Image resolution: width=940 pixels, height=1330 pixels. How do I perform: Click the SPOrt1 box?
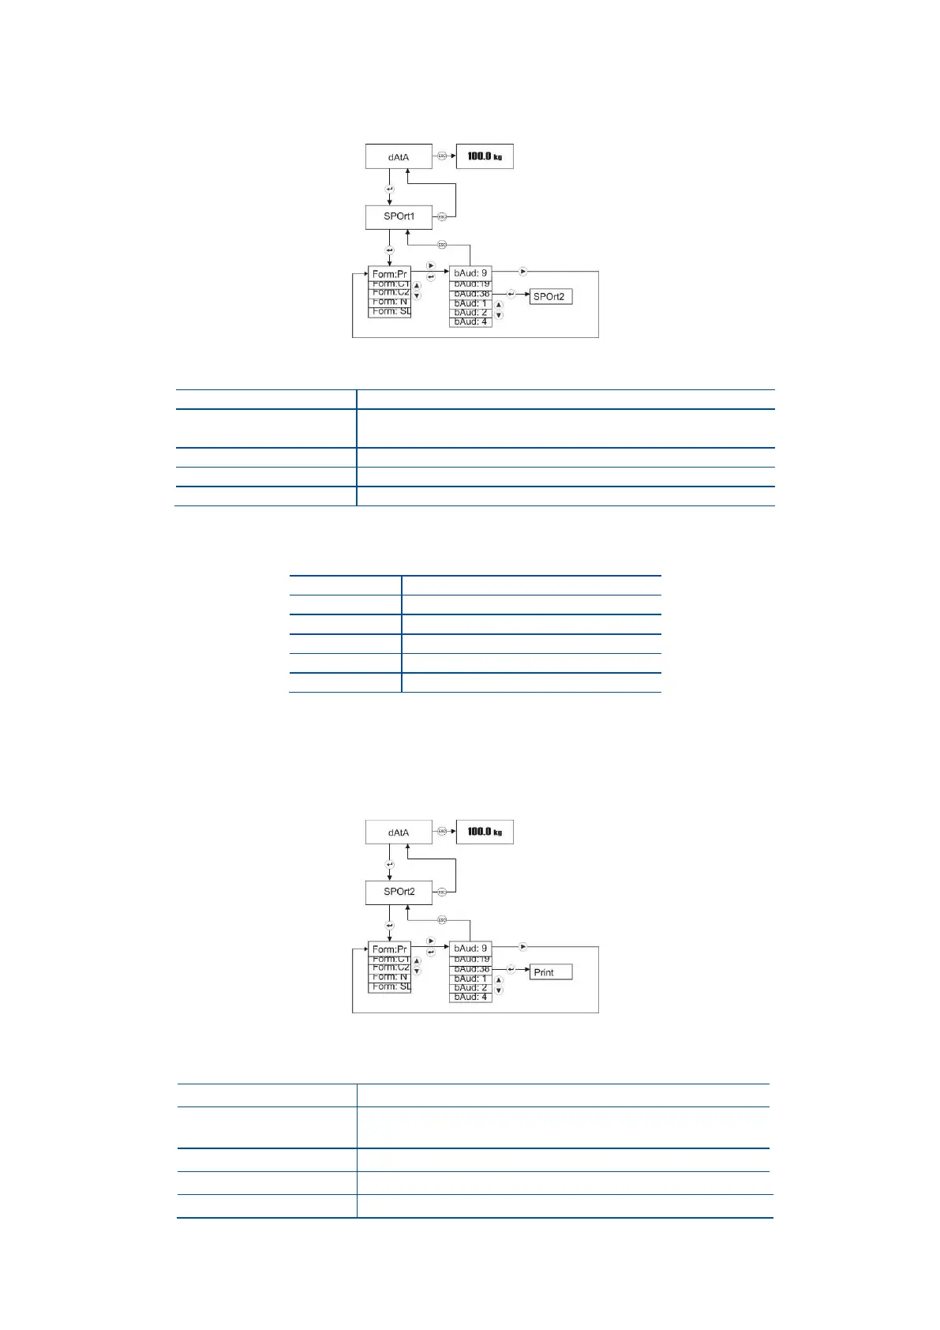[399, 216]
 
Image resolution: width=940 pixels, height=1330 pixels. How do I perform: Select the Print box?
[550, 972]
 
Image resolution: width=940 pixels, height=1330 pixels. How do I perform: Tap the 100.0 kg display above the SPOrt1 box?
[485, 156]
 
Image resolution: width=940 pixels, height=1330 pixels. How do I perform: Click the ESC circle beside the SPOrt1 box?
[442, 216]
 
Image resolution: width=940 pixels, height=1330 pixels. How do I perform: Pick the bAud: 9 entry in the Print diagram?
[470, 948]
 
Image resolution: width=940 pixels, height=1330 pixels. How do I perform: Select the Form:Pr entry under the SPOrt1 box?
[389, 274]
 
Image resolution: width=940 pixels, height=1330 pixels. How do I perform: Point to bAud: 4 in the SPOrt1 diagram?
[470, 322]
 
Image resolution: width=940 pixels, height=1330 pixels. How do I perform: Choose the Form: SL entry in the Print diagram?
[390, 986]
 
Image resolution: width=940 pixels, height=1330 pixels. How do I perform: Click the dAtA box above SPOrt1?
[399, 156]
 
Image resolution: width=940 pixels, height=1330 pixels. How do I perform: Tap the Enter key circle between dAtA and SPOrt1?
[389, 190]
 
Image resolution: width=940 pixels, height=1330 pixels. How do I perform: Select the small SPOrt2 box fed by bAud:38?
[550, 297]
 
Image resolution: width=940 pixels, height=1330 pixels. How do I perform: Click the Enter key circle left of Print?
[511, 969]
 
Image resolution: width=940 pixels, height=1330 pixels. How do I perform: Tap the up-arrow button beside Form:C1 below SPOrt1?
[417, 286]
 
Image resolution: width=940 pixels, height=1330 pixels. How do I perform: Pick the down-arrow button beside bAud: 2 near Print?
[499, 990]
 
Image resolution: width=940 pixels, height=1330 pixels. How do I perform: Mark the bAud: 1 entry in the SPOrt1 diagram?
[470, 303]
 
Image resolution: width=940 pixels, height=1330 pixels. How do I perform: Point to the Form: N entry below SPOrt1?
[390, 302]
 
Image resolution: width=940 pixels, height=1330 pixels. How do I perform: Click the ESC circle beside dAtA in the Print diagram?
[442, 832]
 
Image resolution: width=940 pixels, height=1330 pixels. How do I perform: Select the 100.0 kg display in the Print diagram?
[485, 832]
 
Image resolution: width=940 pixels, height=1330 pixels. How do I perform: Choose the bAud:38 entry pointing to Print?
[470, 969]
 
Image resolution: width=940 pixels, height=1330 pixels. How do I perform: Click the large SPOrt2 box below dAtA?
[399, 892]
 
